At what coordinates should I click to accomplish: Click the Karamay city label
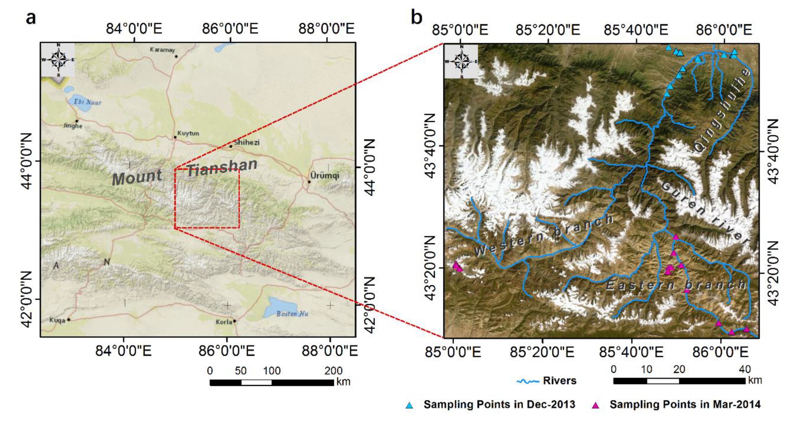click(x=162, y=50)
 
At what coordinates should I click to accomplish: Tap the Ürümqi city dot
click(x=309, y=182)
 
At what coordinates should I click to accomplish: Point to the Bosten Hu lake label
click(x=292, y=314)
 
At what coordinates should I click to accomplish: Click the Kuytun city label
click(x=188, y=133)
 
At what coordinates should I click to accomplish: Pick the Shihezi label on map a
click(x=246, y=142)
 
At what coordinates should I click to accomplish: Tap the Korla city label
click(x=223, y=322)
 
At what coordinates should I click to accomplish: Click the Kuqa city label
click(x=57, y=320)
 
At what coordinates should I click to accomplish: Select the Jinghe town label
click(x=73, y=126)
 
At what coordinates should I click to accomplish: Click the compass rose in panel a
click(x=58, y=60)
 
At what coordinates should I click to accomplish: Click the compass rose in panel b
click(x=461, y=61)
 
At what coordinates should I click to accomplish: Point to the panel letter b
click(x=417, y=18)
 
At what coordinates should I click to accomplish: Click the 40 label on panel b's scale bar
click(x=745, y=369)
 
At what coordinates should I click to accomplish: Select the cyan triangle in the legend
click(x=409, y=405)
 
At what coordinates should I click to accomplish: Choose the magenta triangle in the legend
click(x=595, y=405)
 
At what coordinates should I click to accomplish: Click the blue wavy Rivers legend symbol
click(x=528, y=381)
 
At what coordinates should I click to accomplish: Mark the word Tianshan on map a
click(x=222, y=168)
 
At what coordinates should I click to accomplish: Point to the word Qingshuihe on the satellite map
click(x=721, y=111)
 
